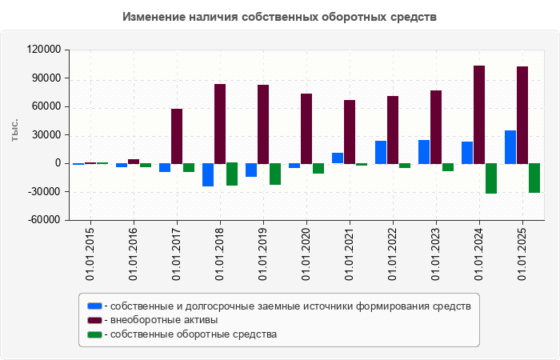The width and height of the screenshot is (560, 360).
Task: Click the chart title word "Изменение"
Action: tap(154, 17)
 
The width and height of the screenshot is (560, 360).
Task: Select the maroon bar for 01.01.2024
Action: tap(479, 114)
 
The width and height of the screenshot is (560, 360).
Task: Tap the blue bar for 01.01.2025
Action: tap(510, 147)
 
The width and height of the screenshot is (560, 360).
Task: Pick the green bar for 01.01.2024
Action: tap(490, 178)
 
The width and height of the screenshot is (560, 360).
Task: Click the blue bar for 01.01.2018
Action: tap(208, 174)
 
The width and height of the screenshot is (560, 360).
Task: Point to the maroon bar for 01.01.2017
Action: tap(177, 136)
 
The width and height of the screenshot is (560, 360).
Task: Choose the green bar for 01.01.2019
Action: tap(274, 174)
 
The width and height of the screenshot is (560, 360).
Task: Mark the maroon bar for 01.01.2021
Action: tap(350, 132)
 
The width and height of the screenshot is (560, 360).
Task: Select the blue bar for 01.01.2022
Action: tap(381, 152)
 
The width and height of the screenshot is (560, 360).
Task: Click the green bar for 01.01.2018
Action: tap(231, 174)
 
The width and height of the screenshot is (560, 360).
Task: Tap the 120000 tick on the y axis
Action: tap(44, 50)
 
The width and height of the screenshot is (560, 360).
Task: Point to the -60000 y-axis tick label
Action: tap(44, 220)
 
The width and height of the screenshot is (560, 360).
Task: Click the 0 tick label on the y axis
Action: tap(58, 163)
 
